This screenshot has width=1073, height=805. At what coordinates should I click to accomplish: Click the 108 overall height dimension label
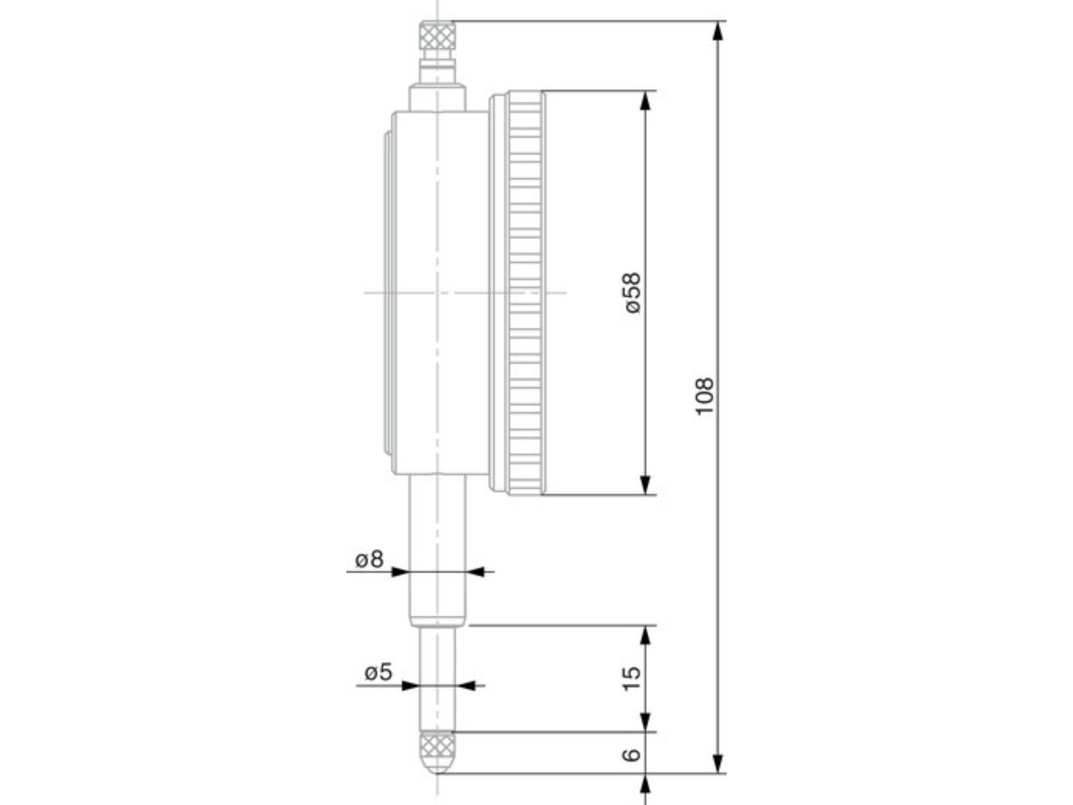pos(704,396)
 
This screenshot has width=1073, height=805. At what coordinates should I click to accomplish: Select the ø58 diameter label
pos(633,293)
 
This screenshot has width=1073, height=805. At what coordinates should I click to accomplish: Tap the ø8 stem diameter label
pos(369,559)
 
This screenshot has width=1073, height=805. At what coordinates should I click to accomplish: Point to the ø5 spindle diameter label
pos(378,673)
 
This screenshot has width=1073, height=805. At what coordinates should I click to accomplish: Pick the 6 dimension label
pos(632,755)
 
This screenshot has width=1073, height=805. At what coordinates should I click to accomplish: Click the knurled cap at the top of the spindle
pos(438,36)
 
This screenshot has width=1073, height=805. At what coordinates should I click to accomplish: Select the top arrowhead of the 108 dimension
pos(719,31)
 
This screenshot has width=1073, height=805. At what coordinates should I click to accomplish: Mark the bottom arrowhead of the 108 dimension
pos(719,763)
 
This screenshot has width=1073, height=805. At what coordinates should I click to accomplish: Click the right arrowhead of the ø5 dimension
pos(467,685)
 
